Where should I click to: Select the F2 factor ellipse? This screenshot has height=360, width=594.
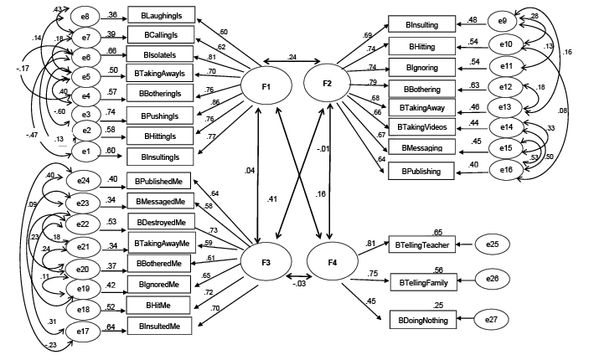pos(328,83)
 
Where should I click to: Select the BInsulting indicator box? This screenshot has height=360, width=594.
pos(421,27)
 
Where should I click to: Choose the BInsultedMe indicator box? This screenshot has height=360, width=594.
pos(161,323)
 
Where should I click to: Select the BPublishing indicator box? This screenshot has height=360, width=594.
pos(421,171)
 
